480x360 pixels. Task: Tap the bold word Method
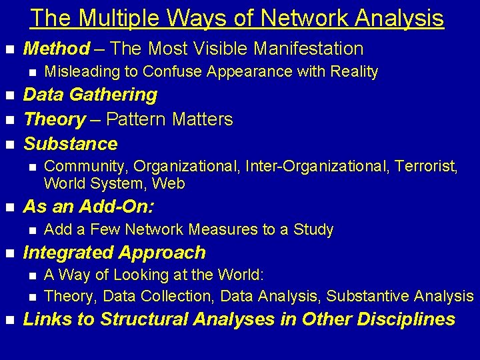(x=57, y=49)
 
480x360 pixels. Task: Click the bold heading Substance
(x=71, y=144)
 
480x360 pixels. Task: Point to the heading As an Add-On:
(x=89, y=207)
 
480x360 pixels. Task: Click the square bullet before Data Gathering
(x=9, y=96)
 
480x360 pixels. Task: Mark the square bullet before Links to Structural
(x=9, y=320)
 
